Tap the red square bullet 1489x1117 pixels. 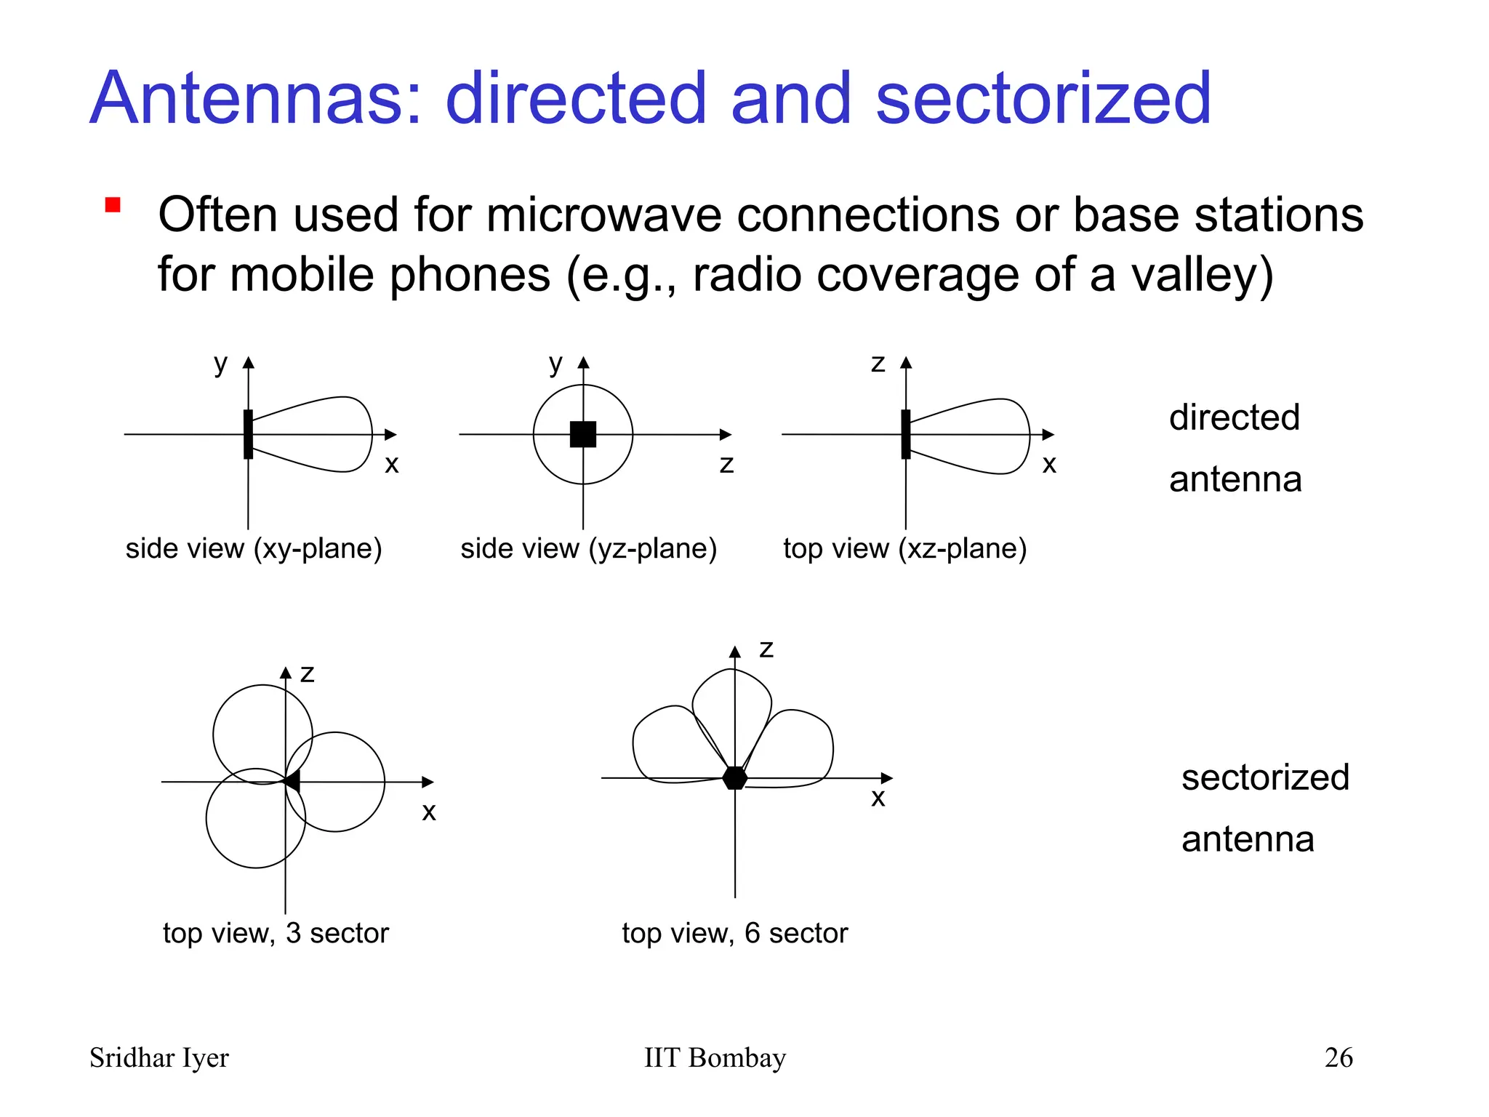point(113,205)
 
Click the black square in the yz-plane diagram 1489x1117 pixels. point(583,434)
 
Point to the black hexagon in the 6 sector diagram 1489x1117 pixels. point(735,777)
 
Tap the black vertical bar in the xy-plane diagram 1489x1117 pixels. point(248,434)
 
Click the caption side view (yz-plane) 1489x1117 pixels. point(588,548)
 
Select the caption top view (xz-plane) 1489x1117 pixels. point(904,548)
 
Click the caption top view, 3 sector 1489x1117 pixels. point(276,933)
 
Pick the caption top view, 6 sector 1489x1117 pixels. point(734,933)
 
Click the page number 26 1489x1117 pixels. point(1339,1057)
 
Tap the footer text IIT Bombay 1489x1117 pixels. point(715,1057)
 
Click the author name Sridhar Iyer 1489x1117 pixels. point(158,1057)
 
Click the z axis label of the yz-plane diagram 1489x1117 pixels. point(726,463)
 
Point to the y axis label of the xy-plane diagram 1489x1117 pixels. point(220,363)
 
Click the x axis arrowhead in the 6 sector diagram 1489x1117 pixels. point(886,778)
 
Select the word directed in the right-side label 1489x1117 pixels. point(1234,417)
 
